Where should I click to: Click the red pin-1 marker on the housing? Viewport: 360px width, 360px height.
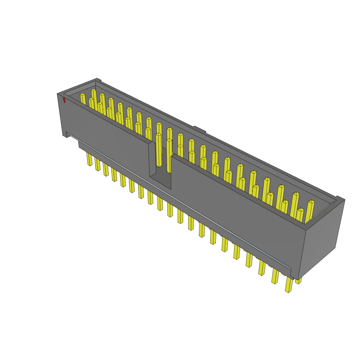pos(64,101)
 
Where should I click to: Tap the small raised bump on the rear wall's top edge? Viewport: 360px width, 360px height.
pos(199,129)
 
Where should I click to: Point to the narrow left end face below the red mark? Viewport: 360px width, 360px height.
pos(62,116)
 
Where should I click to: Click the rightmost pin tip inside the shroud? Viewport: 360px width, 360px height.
pos(311,202)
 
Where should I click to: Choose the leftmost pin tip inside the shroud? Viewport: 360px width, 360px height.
pos(83,95)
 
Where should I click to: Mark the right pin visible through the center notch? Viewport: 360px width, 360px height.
pos(169,155)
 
